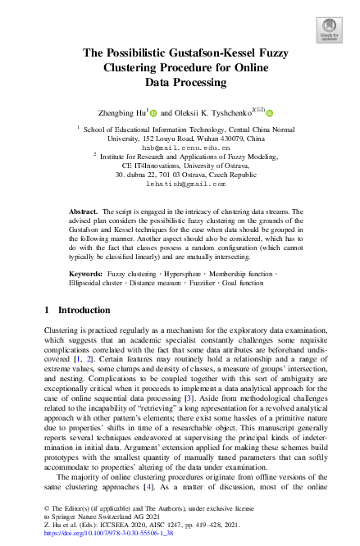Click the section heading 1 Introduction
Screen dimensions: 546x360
76,311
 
